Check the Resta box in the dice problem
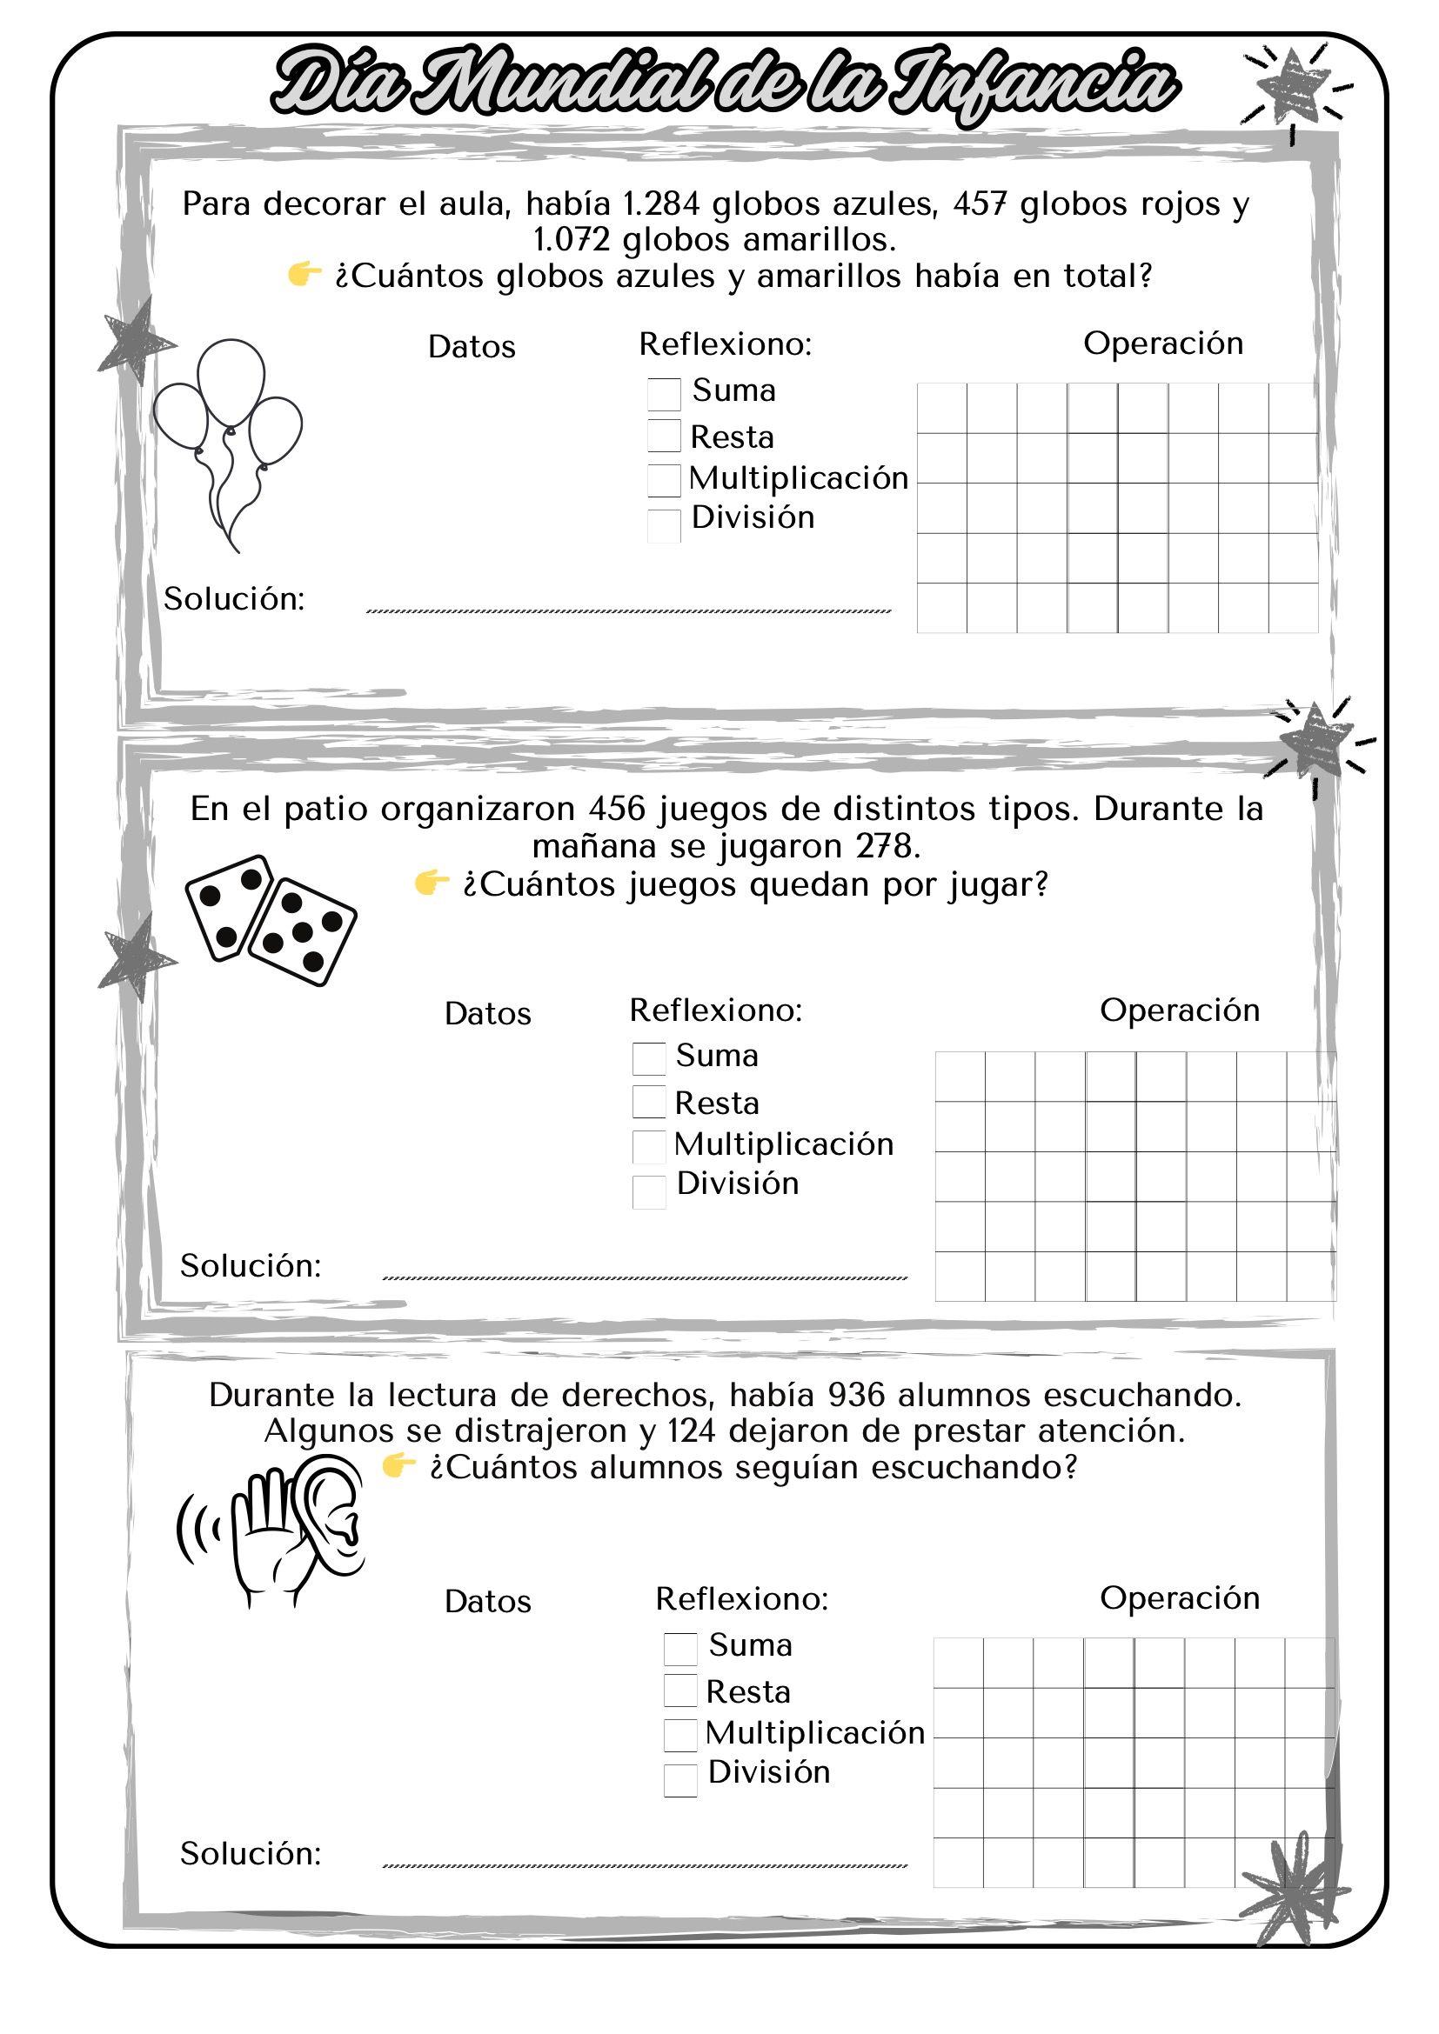pos(649,1102)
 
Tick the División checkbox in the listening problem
pos(680,1781)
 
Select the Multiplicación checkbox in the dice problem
pos(649,1146)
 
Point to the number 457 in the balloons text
pos(980,204)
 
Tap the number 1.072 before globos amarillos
pos(572,240)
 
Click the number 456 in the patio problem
pos(617,810)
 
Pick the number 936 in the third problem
pos(856,1395)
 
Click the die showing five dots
pos(303,932)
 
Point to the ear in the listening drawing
pos(333,1515)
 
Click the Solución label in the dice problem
pos(251,1266)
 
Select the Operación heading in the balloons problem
pos(1162,343)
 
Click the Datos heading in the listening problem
pos(487,1602)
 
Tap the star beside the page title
pos(1294,87)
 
